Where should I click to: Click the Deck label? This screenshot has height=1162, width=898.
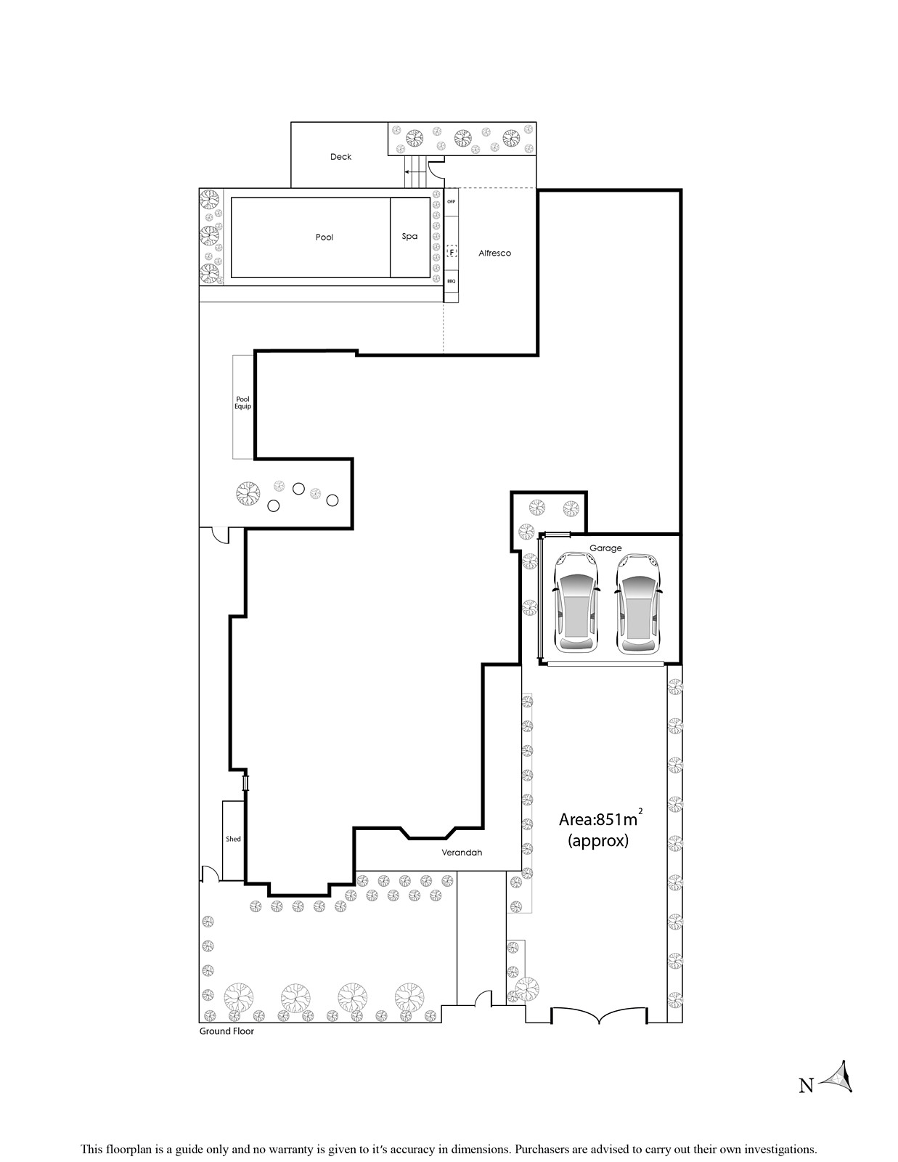tap(340, 157)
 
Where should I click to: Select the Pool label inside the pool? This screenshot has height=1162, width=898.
tap(324, 237)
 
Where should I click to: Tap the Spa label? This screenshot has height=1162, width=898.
tap(409, 236)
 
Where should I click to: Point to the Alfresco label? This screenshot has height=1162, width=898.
tap(494, 253)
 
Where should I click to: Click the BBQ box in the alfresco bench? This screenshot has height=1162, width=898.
tap(451, 281)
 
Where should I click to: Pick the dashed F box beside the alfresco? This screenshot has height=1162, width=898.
tap(452, 252)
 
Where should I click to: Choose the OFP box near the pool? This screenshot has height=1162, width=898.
tap(451, 202)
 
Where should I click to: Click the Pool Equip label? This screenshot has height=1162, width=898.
tap(242, 402)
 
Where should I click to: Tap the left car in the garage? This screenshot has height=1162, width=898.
tap(576, 603)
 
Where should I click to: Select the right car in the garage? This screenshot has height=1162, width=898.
tap(638, 603)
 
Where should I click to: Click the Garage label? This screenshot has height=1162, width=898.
tap(605, 548)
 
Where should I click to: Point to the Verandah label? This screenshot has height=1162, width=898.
tap(462, 853)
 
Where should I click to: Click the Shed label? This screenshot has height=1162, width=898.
tap(233, 839)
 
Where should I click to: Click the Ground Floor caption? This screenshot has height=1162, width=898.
tap(226, 1031)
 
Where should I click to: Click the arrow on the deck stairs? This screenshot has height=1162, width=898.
tap(412, 172)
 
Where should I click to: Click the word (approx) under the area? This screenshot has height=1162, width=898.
tap(598, 841)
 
